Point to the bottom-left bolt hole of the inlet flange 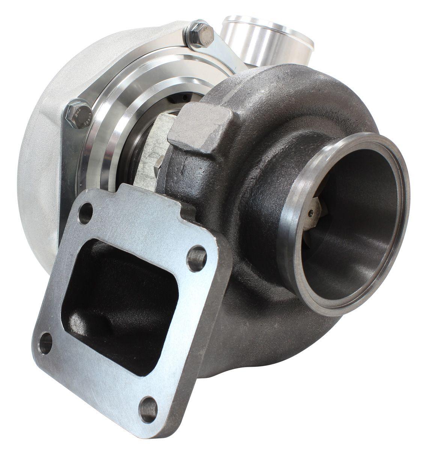(x=46, y=342)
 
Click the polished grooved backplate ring (x=113, y=124)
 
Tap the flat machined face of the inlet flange (x=124, y=375)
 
